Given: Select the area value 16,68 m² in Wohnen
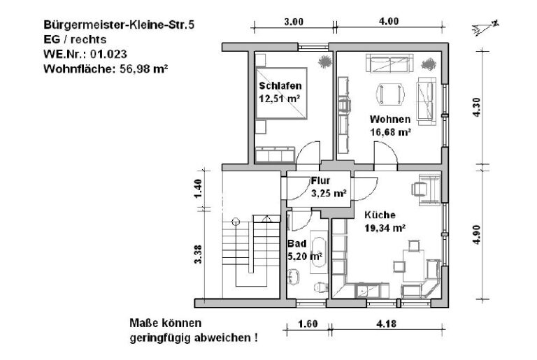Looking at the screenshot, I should pos(390,131).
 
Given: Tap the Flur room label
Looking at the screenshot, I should pos(320,180).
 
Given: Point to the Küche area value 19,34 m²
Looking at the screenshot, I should pos(385,227).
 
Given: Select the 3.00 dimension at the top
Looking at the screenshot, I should pos(294,22).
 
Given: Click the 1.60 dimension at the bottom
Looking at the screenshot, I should pos(308,324).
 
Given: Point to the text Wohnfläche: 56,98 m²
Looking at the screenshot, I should pos(106,69).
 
